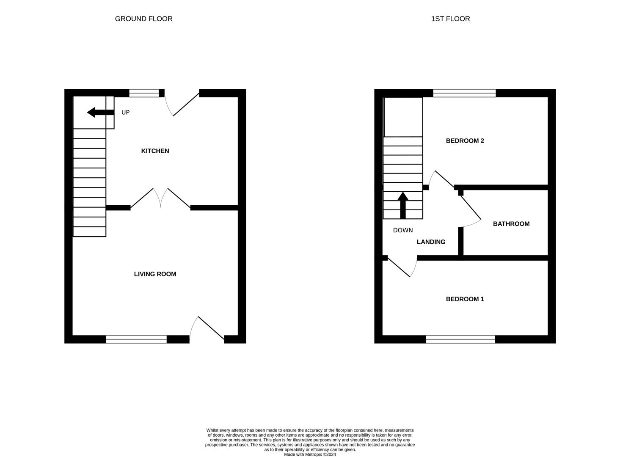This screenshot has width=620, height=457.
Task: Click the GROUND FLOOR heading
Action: pyautogui.click(x=143, y=19)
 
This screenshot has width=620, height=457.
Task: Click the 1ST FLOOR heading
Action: pyautogui.click(x=450, y=19)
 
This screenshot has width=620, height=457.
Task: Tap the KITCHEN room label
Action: pyautogui.click(x=155, y=151)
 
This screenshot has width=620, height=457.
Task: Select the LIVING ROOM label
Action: pyautogui.click(x=155, y=274)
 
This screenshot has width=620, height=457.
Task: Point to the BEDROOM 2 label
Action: pyautogui.click(x=465, y=141)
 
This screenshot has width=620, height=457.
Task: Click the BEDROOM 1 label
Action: pyautogui.click(x=465, y=299)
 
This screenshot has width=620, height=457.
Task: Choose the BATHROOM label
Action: pyautogui.click(x=511, y=224)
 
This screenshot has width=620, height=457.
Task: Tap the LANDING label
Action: pyautogui.click(x=431, y=242)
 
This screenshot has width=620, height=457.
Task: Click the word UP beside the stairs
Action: pyautogui.click(x=125, y=113)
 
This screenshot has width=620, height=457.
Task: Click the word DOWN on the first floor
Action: pyautogui.click(x=402, y=231)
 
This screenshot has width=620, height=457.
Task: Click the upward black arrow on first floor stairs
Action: pyautogui.click(x=403, y=205)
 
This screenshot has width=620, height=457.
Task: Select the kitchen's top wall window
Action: pyautogui.click(x=144, y=93)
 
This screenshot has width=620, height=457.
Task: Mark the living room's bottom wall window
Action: pyautogui.click(x=136, y=339)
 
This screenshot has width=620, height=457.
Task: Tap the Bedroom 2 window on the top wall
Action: pyautogui.click(x=464, y=93)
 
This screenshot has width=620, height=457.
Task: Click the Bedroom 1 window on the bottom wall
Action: pyautogui.click(x=460, y=339)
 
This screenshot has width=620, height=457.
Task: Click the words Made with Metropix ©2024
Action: pyautogui.click(x=310, y=454)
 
